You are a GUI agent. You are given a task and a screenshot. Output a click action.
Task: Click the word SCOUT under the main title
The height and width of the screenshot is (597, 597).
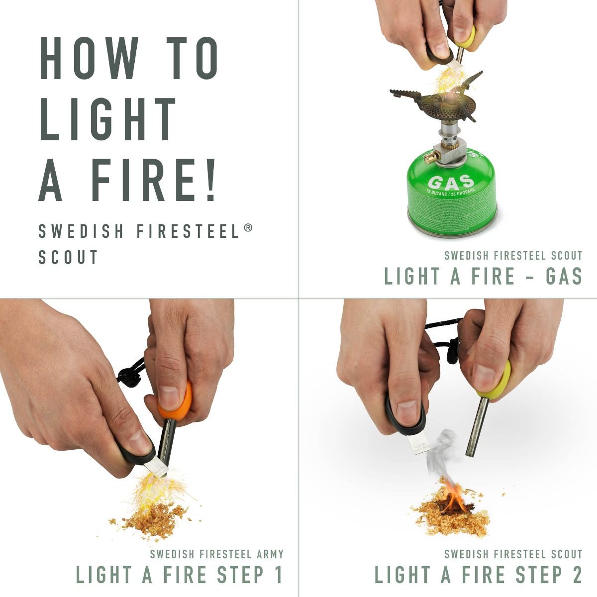tap(69, 257)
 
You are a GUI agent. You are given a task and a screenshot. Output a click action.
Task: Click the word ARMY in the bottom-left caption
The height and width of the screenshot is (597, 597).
tap(269, 554)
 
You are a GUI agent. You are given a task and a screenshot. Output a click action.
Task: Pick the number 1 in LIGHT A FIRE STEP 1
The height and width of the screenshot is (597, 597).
tap(277, 575)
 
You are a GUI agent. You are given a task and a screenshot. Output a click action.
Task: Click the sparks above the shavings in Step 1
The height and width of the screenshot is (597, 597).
tap(149, 488)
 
